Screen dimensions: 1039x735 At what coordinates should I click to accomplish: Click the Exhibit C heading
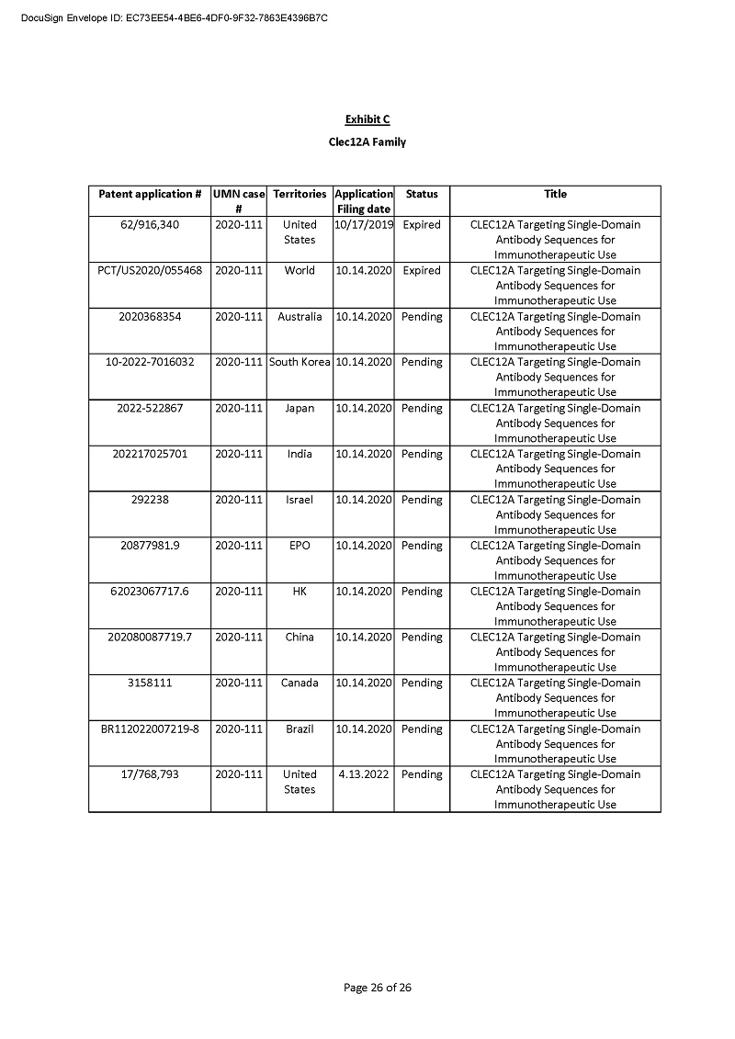click(367, 119)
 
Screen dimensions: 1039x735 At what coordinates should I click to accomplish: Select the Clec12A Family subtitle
click(367, 142)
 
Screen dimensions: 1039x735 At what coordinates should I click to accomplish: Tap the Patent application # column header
click(150, 194)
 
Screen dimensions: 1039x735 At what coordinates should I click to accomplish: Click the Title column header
click(555, 194)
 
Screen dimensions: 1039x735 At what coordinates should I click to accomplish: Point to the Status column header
click(422, 194)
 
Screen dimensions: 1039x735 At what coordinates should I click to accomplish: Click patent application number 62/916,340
click(150, 224)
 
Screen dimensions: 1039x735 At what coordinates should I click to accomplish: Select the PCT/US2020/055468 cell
click(150, 270)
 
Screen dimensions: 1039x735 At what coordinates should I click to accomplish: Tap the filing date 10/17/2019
click(364, 224)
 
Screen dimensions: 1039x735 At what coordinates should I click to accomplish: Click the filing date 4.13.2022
click(364, 774)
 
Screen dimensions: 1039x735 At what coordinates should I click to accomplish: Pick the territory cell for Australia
click(300, 316)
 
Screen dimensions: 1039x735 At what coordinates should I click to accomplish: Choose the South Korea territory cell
click(300, 362)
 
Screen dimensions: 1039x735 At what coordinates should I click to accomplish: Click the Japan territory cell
click(300, 408)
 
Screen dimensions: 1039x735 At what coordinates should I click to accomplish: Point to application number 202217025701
click(150, 454)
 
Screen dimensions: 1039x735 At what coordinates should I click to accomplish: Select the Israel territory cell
click(300, 500)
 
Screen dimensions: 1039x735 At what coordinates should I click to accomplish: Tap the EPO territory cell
click(300, 546)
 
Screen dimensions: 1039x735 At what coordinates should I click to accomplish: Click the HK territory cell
click(300, 592)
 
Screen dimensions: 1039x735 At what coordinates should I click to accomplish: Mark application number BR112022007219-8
click(150, 728)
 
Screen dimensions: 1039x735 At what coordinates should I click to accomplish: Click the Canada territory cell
click(300, 683)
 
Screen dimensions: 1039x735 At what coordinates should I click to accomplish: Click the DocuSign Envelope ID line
click(175, 17)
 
